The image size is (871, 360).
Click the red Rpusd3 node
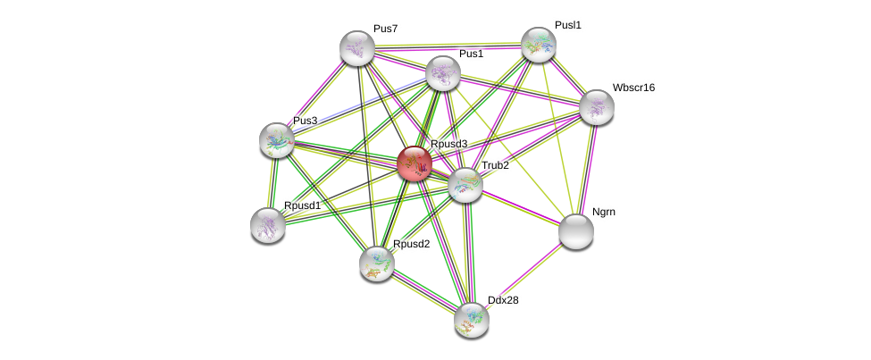(415, 163)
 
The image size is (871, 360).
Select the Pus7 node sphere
(357, 48)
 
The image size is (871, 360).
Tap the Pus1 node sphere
(443, 73)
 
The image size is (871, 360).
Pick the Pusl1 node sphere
(539, 45)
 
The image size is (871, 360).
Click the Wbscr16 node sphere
(596, 107)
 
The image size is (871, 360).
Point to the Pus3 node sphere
(277, 140)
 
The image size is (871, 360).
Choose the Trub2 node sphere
(465, 185)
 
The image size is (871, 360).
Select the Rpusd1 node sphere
(268, 225)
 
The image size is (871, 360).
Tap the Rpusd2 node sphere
(377, 264)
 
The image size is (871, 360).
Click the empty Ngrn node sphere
(576, 231)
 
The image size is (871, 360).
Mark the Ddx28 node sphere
(471, 320)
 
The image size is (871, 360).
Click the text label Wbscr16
(633, 88)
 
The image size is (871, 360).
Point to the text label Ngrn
(603, 213)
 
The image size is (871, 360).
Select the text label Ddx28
(503, 300)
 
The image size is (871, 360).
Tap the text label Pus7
(385, 29)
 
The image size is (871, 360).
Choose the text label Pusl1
(567, 25)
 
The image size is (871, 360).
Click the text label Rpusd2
(411, 244)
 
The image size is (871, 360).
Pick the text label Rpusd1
(302, 206)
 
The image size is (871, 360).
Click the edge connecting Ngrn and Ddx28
(523, 276)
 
